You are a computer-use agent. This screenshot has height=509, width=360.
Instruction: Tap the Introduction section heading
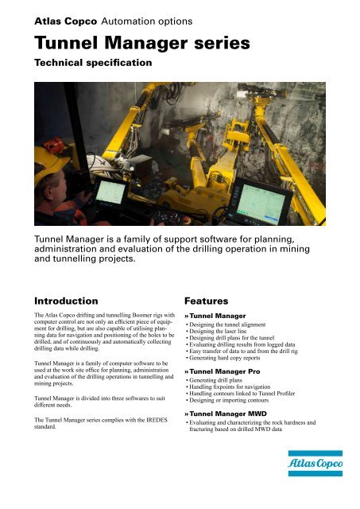coord(66,302)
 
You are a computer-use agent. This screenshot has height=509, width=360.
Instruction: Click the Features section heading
coord(211,302)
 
